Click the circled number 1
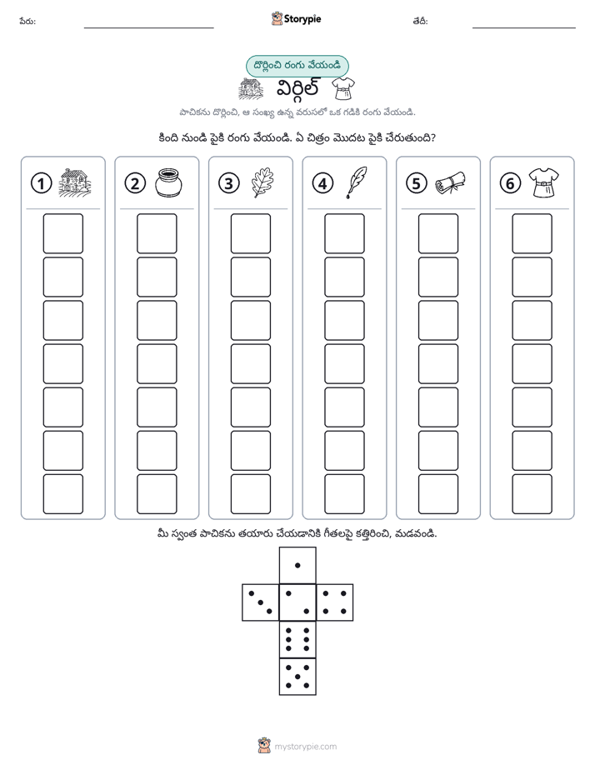point(41,183)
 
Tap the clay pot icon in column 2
point(168,182)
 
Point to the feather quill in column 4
point(357,182)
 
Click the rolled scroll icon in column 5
point(450,182)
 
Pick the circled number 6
point(510,183)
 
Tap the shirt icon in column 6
point(544,182)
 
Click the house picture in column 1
point(75,182)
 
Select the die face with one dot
point(297,565)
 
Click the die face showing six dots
point(297,639)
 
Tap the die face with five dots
point(297,677)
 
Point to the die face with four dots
point(335,602)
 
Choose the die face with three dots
point(260,602)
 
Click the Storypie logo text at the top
point(302,19)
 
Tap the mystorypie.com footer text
point(305,747)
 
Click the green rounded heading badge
point(297,66)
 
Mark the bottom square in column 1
point(62,494)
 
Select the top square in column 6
point(532,233)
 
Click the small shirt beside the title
point(342,88)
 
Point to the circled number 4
point(322,183)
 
